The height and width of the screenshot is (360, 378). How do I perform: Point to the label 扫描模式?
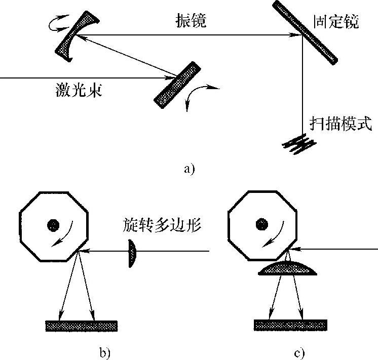click(341, 124)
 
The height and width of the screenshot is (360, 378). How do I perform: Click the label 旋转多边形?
click(162, 224)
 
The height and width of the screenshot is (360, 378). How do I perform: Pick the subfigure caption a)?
click(189, 169)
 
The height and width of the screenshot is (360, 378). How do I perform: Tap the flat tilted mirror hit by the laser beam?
click(177, 83)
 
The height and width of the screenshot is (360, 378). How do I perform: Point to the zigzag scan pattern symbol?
click(299, 143)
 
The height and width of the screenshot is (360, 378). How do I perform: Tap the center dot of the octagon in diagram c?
click(261, 223)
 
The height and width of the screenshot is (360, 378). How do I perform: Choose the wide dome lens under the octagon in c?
click(288, 269)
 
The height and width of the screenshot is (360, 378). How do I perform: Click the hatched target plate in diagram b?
click(81, 325)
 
